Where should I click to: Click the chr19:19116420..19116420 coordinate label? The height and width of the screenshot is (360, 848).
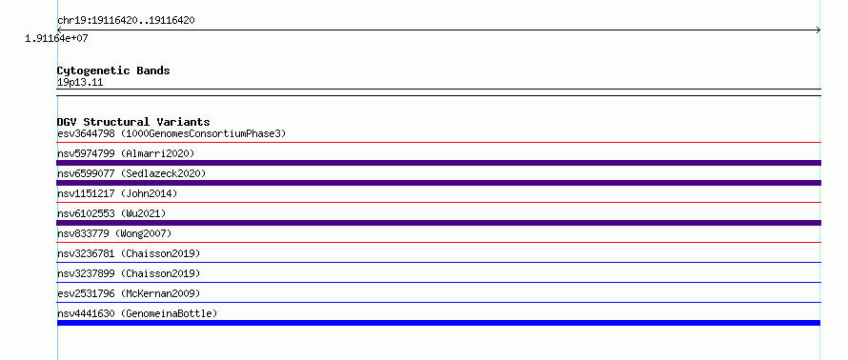point(126,21)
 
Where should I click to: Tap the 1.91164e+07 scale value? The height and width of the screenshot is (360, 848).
point(56,39)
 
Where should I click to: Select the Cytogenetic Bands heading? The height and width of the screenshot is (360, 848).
point(113,70)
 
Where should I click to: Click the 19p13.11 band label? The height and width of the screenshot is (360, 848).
point(80,83)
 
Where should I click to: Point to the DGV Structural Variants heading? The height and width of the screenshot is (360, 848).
point(133,122)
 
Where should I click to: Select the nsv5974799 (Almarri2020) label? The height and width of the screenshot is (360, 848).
point(126,153)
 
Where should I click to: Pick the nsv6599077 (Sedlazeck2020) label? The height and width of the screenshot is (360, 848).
point(131,173)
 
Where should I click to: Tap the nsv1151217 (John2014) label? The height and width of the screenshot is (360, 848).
point(117,193)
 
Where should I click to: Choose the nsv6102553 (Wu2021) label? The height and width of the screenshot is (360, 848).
point(111,213)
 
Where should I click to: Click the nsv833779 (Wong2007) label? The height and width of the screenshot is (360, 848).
point(114,233)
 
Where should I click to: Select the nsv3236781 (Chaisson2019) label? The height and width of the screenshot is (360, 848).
point(129,253)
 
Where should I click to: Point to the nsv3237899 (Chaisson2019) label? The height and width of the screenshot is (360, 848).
point(129,273)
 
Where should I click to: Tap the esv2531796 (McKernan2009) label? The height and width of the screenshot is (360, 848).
point(129,293)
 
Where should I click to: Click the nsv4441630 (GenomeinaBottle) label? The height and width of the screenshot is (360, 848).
point(137,313)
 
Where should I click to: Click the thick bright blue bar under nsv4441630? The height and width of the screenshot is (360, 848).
point(438,323)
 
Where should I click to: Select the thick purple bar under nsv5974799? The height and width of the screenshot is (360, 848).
point(438,163)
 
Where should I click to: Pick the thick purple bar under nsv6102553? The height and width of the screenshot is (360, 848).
point(438,223)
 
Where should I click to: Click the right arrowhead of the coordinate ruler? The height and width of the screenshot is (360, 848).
point(818,30)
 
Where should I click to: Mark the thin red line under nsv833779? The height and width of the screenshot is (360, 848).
point(438,242)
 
